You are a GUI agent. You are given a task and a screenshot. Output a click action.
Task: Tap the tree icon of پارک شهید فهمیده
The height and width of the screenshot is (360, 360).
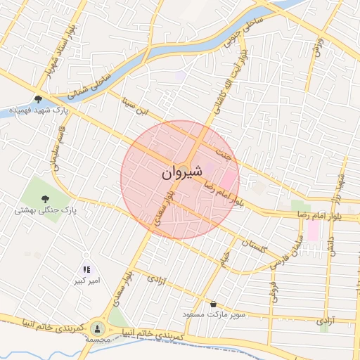point(38,99)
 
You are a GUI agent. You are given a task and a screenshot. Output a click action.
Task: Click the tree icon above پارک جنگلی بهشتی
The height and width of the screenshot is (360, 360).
point(45,198)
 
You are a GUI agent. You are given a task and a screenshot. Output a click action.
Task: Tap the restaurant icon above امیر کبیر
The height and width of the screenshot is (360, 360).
point(86,269)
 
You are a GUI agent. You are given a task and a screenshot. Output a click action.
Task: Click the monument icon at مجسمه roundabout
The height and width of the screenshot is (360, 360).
point(98,328)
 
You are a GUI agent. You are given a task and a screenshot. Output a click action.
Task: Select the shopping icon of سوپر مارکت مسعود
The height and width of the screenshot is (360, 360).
point(213,304)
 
